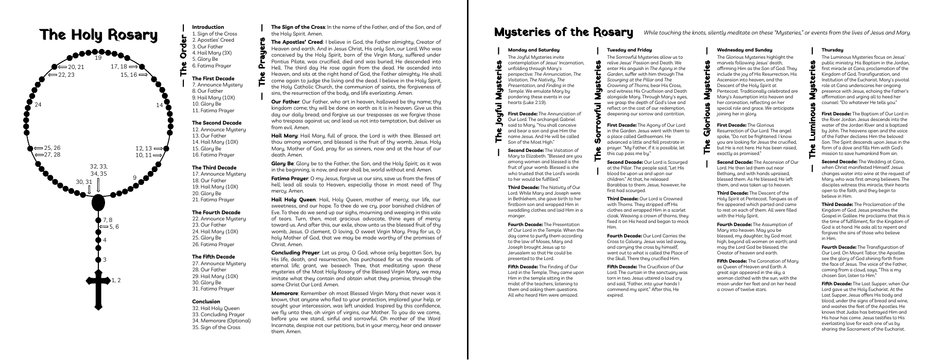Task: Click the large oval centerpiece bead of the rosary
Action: [98, 203]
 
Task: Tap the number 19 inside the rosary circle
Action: [98, 58]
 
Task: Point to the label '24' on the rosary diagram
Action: [38, 105]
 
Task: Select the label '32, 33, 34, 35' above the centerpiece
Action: [98, 170]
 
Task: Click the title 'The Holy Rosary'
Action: [99, 35]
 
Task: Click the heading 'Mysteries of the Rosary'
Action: [563, 32]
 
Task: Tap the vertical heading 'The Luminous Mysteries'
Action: [812, 109]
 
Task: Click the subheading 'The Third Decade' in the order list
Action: [214, 167]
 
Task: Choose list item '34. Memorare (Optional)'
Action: [221, 320]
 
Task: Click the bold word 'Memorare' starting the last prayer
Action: [285, 293]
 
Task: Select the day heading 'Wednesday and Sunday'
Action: [737, 50]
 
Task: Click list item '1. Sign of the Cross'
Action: [215, 34]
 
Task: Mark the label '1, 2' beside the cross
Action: [116, 280]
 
